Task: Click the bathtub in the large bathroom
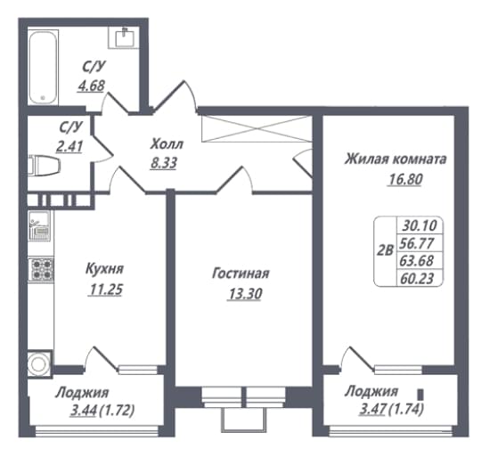pyautogui.click(x=43, y=68)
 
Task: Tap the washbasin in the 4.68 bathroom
pyautogui.click(x=125, y=38)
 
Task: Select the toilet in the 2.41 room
pyautogui.click(x=45, y=166)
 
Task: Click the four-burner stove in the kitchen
pyautogui.click(x=42, y=270)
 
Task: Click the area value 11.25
pyautogui.click(x=106, y=290)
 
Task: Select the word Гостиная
pyautogui.click(x=241, y=273)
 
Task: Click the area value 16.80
pyautogui.click(x=405, y=179)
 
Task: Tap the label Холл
pyautogui.click(x=167, y=144)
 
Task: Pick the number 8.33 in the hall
pyautogui.click(x=164, y=163)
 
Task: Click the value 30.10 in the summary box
pyautogui.click(x=419, y=225)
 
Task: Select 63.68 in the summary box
pyautogui.click(x=416, y=260)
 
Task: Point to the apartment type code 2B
pyautogui.click(x=385, y=250)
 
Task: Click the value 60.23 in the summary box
pyautogui.click(x=417, y=279)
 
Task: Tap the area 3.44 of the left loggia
pyautogui.click(x=84, y=411)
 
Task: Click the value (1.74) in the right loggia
pyautogui.click(x=405, y=409)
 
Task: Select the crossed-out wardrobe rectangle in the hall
pyautogui.click(x=257, y=128)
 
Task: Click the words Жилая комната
pyautogui.click(x=396, y=159)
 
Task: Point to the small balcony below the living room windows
pyautogui.click(x=244, y=420)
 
